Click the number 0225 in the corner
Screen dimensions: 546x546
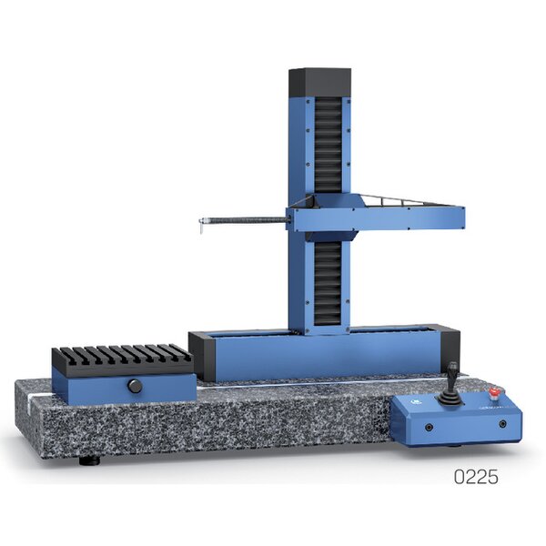click(x=476, y=477)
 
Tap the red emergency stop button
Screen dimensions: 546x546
click(x=494, y=392)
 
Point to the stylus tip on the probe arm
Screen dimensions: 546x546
click(x=201, y=228)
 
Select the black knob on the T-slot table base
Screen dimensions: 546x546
click(x=135, y=386)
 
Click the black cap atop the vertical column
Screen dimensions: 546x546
click(x=319, y=83)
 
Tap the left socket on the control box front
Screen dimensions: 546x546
click(x=430, y=428)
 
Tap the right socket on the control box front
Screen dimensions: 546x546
click(x=502, y=424)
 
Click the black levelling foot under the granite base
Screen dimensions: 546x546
click(x=89, y=461)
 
